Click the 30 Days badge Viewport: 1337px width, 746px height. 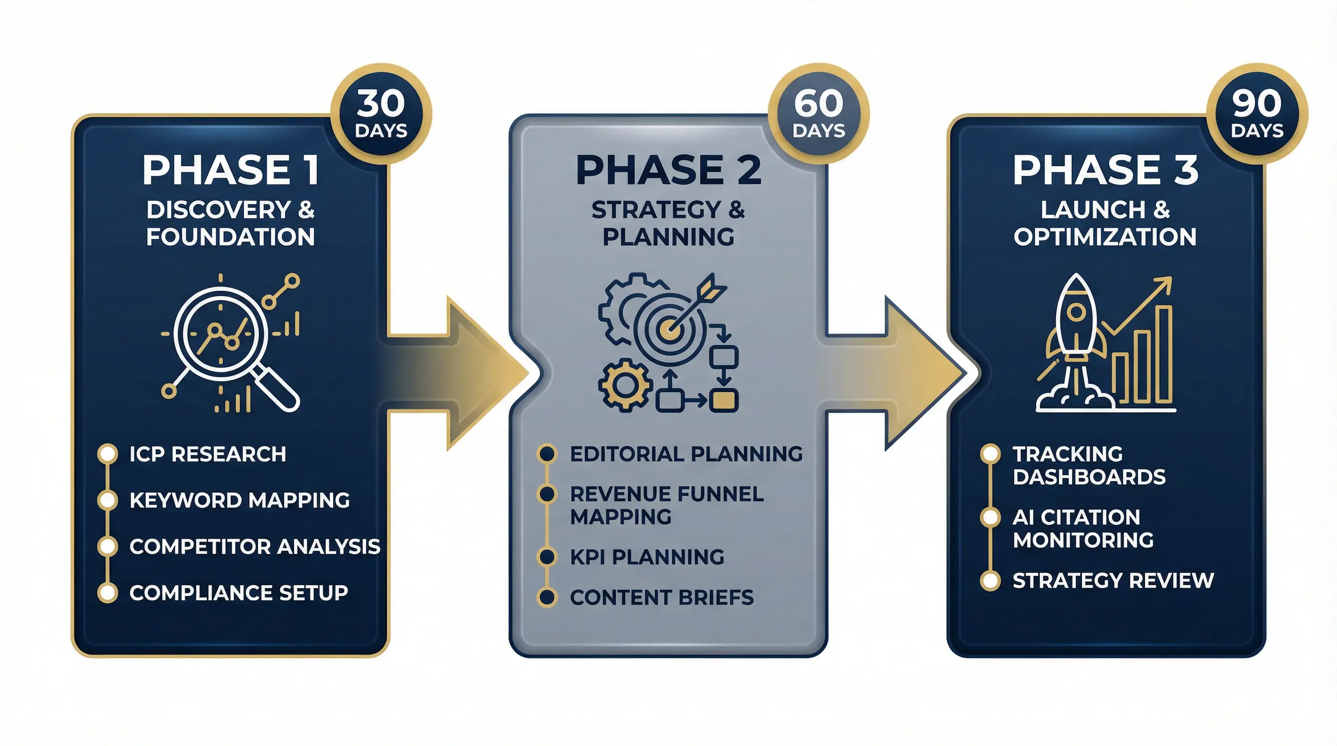pos(381,114)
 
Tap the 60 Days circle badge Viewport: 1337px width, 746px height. pos(819,114)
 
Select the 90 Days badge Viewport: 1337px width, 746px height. pos(1256,114)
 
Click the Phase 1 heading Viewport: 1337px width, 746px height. pos(230,170)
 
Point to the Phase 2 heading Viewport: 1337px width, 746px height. pos(668,170)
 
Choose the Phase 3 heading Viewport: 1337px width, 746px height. pos(1106,170)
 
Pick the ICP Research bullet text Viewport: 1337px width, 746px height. pos(207,455)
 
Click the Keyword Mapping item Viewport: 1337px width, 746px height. pos(239,501)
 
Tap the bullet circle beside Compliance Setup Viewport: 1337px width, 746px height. pos(107,593)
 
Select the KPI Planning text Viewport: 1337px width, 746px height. pos(647,557)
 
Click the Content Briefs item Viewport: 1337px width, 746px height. pos(662,598)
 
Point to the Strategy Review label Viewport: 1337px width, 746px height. pos(1113,580)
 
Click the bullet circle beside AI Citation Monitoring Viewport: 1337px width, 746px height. pos(990,517)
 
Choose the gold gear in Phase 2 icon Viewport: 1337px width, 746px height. pos(625,385)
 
